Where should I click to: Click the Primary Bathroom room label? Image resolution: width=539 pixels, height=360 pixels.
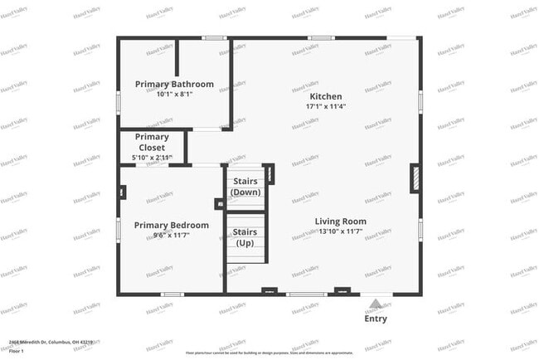tap(174, 84)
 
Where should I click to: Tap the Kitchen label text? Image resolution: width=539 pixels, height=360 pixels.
tap(326, 96)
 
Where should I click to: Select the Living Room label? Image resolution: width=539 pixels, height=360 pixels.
tap(340, 221)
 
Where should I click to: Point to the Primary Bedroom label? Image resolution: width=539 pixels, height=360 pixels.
tap(172, 225)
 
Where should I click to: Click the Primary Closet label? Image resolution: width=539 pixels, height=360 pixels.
tap(152, 142)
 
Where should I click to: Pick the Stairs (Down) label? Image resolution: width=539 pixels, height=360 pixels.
tap(245, 186)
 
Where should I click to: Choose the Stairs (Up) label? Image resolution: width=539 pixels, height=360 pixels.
tap(245, 237)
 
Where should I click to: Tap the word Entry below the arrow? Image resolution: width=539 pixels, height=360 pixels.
tap(376, 319)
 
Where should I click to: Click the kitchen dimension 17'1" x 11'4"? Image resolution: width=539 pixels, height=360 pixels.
tap(326, 106)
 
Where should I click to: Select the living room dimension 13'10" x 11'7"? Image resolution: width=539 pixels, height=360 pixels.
tap(340, 231)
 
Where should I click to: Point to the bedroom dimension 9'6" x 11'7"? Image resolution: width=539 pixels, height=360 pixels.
tap(172, 236)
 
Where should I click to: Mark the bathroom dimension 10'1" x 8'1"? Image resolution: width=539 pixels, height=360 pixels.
tap(174, 94)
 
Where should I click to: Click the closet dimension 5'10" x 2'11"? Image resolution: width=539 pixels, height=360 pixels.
tap(152, 158)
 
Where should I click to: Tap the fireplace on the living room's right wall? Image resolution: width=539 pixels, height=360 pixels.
tap(415, 179)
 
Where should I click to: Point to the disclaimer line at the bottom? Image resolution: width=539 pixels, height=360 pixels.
tap(269, 353)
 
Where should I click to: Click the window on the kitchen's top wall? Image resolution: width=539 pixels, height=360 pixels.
tap(322, 37)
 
